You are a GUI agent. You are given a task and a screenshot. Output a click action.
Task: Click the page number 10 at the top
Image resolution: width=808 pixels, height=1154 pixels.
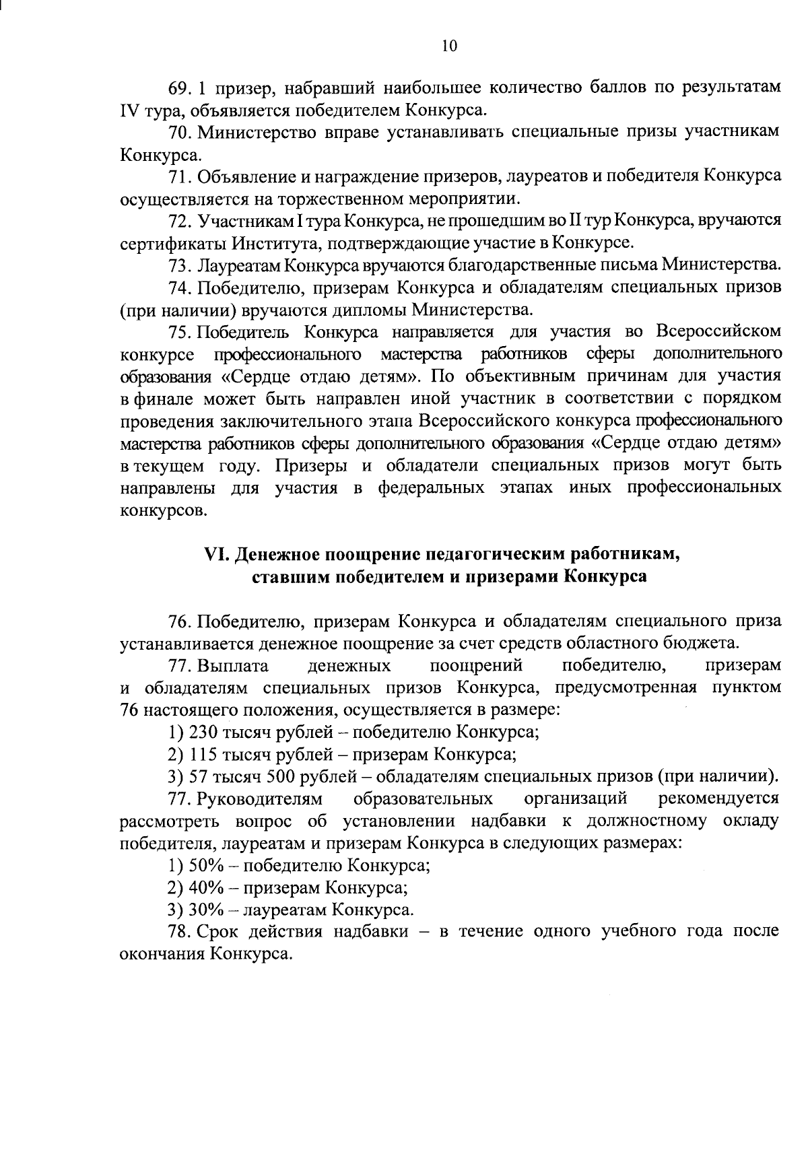click(x=450, y=45)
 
